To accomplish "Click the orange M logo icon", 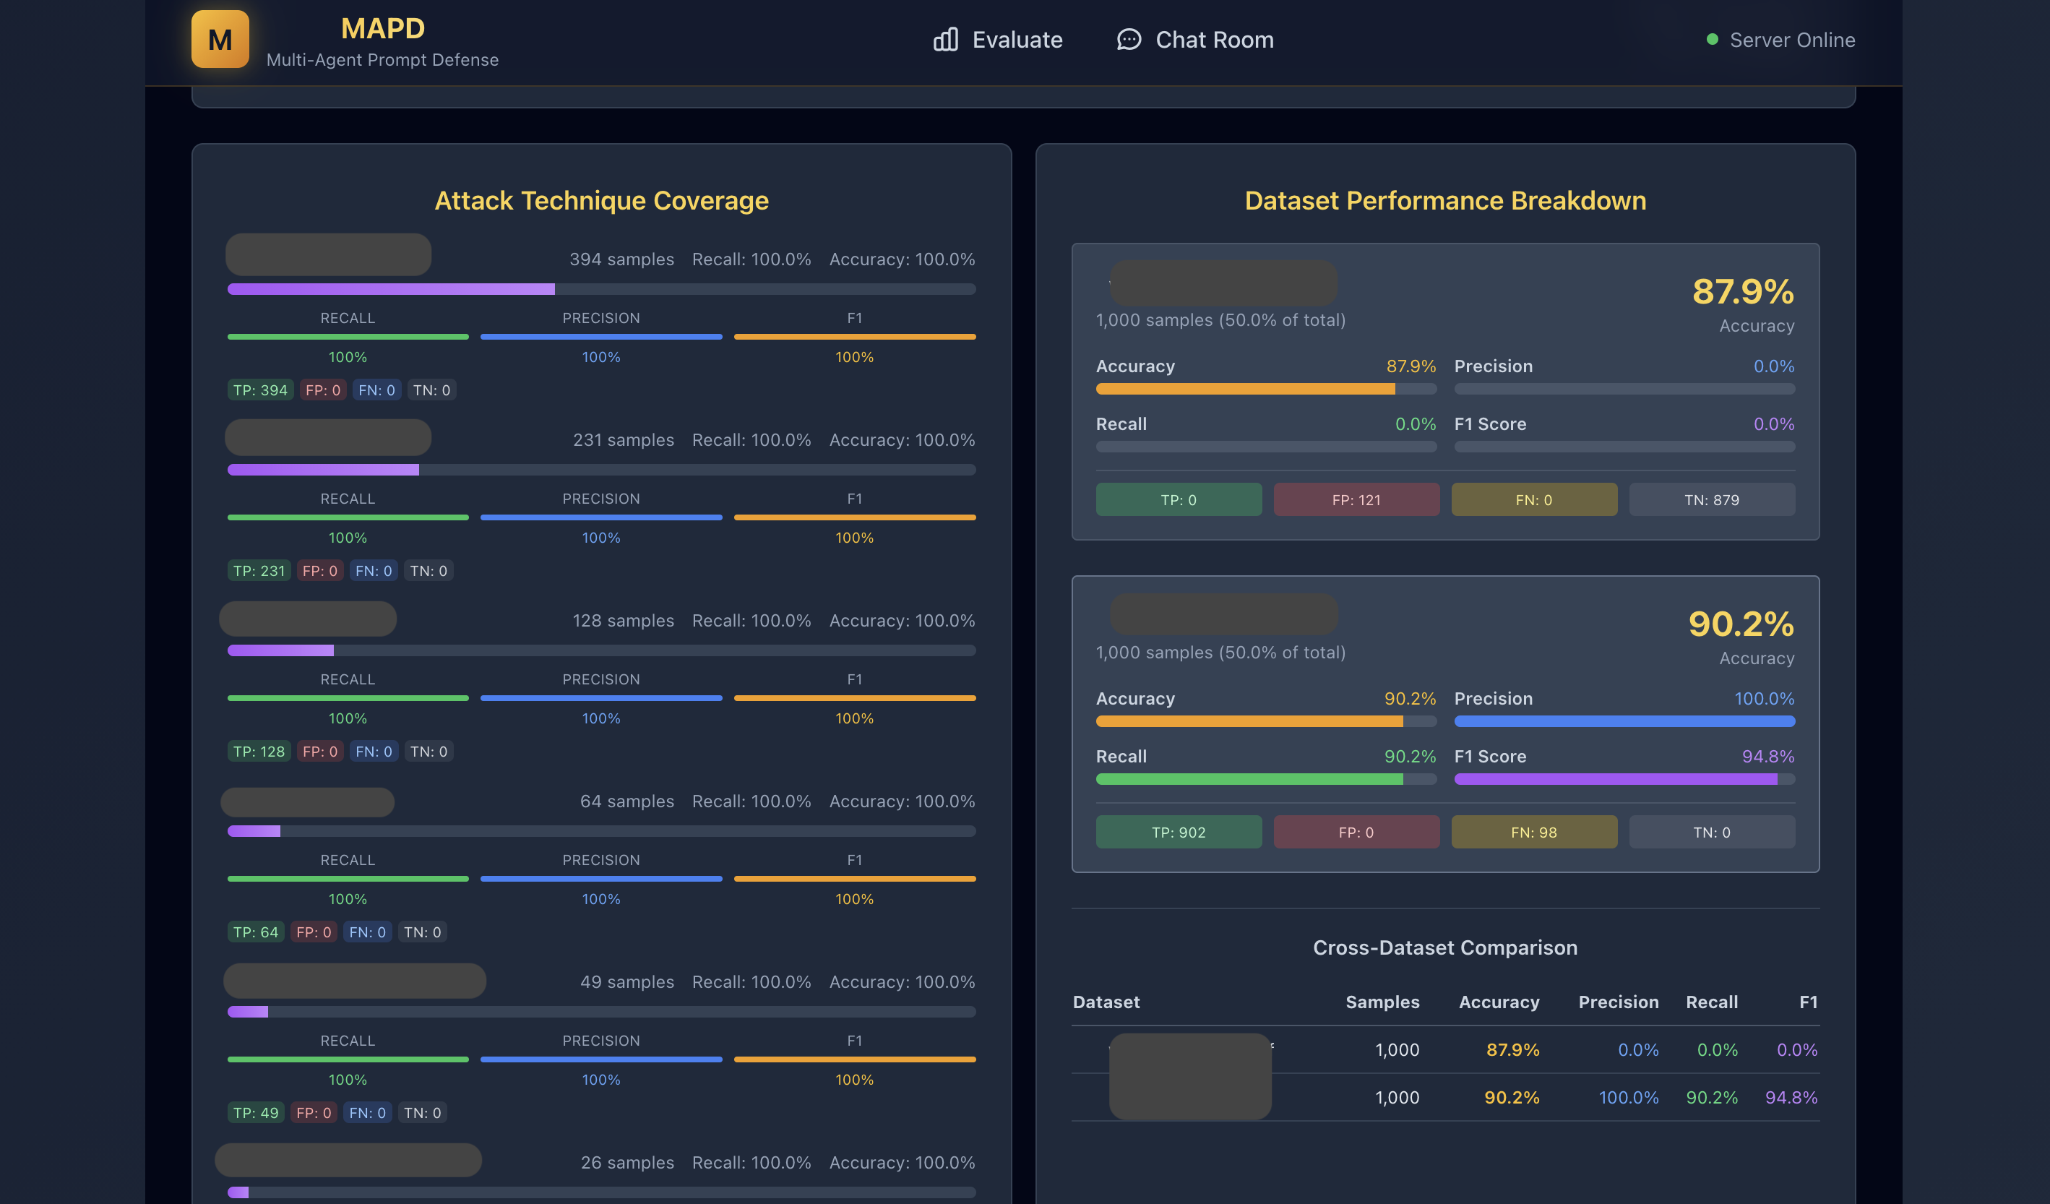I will click(x=220, y=39).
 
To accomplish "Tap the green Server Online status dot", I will click(x=1712, y=39).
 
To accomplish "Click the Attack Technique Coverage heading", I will click(x=601, y=200).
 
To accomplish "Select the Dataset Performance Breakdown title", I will click(x=1444, y=200).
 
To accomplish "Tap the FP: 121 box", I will click(x=1356, y=499).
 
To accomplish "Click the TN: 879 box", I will click(x=1712, y=499).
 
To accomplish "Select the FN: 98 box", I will click(x=1533, y=833).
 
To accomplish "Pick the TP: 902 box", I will click(x=1178, y=833).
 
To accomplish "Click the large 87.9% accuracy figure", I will click(x=1742, y=291).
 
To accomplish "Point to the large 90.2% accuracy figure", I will click(x=1741, y=624).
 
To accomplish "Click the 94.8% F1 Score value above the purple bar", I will click(x=1767, y=757).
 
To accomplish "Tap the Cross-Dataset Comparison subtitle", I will click(x=1444, y=947).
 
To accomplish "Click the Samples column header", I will click(x=1382, y=1002).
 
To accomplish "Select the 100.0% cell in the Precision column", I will click(x=1628, y=1098).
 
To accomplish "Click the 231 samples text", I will click(x=623, y=440).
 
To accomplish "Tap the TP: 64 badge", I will click(x=255, y=932).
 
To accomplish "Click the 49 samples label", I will click(x=626, y=982).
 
